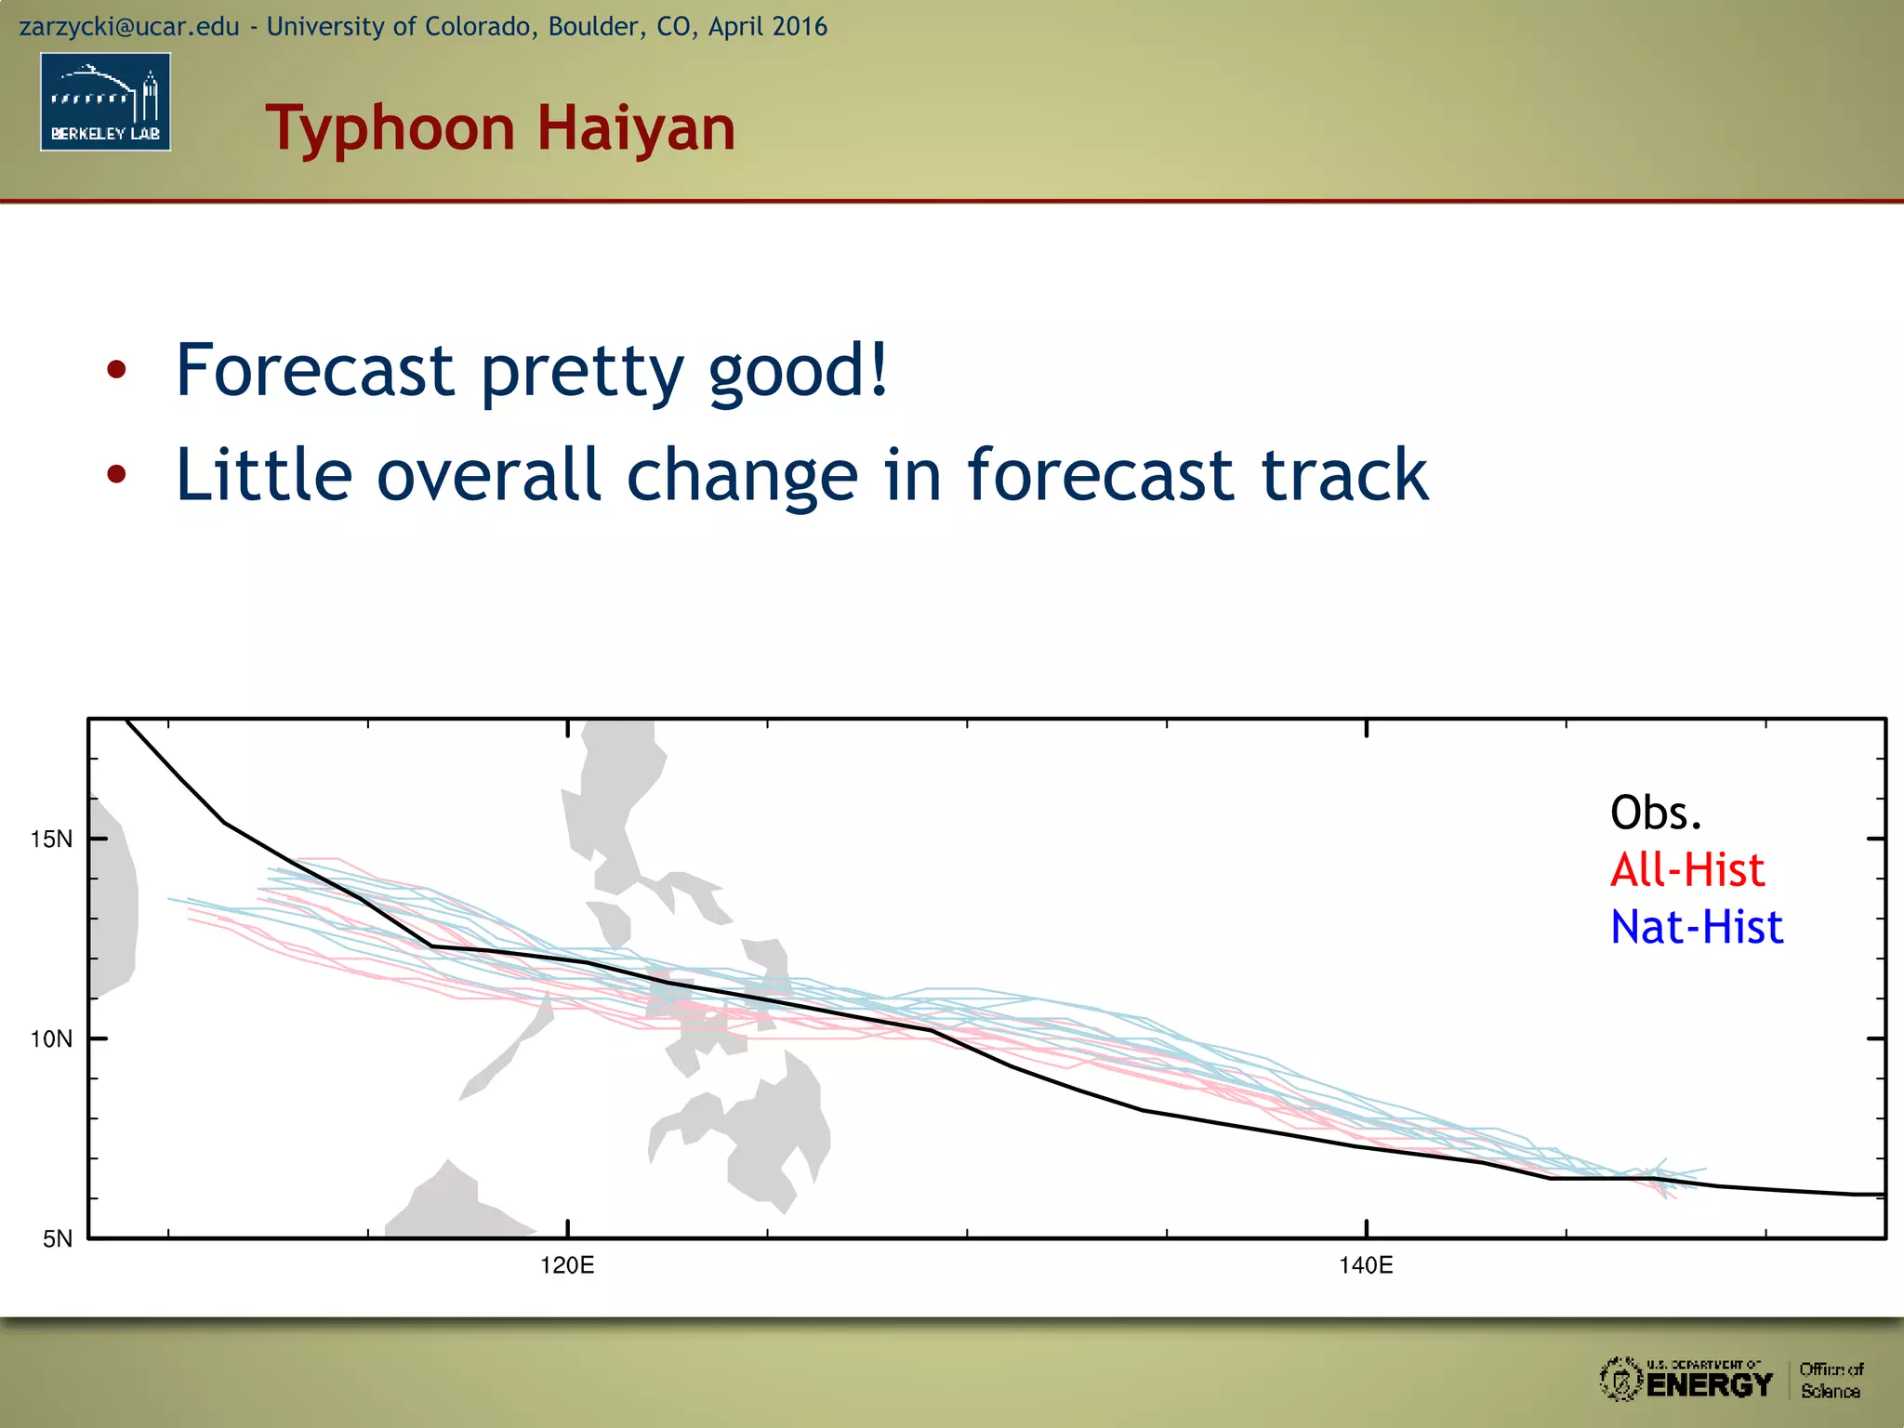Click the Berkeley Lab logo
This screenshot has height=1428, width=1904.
(x=105, y=101)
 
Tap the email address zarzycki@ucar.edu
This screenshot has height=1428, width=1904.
(x=129, y=26)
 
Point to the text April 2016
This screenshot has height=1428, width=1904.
(x=767, y=26)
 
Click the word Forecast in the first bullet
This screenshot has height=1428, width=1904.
(x=314, y=370)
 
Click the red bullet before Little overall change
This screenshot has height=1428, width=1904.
(x=116, y=475)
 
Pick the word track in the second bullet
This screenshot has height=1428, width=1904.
(x=1343, y=474)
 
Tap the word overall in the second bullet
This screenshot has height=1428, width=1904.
(x=489, y=474)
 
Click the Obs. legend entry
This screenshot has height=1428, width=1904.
(x=1656, y=813)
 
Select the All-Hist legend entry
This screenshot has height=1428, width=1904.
(x=1686, y=870)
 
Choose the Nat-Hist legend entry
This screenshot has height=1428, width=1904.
(x=1697, y=927)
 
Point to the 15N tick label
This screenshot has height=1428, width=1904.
(x=51, y=840)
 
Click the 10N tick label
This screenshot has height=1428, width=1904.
(x=51, y=1039)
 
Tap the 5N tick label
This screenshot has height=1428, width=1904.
(x=57, y=1239)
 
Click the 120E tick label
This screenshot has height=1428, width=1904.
(x=567, y=1265)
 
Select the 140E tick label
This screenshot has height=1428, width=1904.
(x=1366, y=1265)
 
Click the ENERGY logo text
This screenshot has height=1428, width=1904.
(x=1709, y=1385)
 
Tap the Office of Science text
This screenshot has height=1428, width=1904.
(x=1831, y=1381)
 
